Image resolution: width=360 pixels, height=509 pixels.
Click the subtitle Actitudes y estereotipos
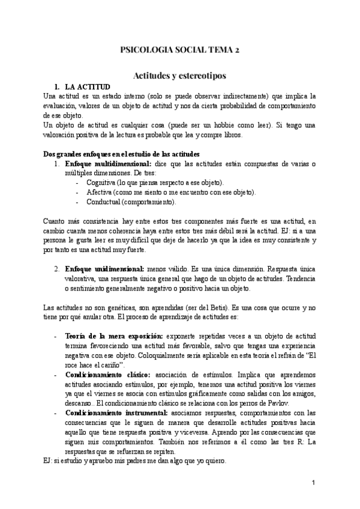(179, 76)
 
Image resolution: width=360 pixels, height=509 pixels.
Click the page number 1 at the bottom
(313, 483)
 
